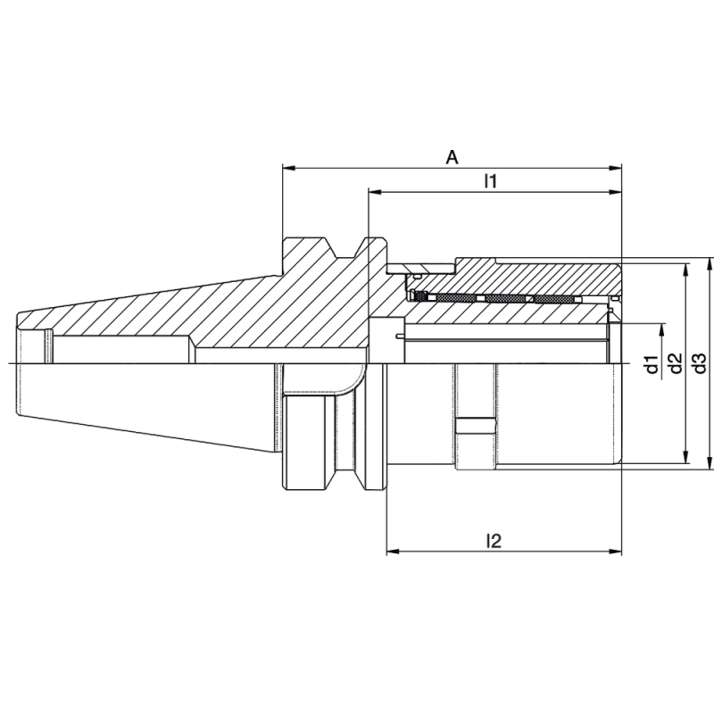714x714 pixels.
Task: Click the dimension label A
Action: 452,158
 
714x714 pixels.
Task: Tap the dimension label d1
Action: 652,363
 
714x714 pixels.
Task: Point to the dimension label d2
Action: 676,363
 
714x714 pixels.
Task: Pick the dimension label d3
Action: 700,363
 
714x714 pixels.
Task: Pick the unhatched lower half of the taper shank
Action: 143,402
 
